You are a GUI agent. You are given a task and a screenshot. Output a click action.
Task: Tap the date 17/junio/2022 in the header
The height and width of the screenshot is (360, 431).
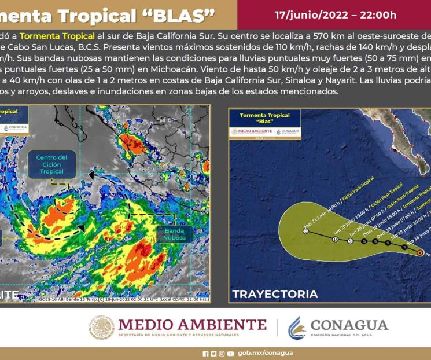coord(310,15)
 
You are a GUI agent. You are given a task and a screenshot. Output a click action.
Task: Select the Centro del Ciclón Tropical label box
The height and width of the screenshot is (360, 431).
coord(51,164)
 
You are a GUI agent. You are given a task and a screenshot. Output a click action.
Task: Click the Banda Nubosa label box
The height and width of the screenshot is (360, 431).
coord(174,233)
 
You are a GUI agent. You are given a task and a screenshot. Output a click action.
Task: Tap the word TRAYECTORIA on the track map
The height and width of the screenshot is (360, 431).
coord(275,294)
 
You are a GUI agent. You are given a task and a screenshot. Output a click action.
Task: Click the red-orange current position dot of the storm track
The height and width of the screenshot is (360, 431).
coord(419,252)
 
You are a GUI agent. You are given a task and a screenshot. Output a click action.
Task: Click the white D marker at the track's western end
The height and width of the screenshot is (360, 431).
coord(305,231)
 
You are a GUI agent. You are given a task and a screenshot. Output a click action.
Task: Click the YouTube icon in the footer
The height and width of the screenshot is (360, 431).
coord(231,353)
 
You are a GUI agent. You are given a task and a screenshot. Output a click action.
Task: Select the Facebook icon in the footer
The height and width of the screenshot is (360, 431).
coord(205,353)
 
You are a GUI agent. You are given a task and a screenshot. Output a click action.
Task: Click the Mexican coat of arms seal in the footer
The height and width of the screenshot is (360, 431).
coord(101,328)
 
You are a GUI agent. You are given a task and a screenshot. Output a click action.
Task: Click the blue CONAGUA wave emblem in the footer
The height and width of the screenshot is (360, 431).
coord(296,328)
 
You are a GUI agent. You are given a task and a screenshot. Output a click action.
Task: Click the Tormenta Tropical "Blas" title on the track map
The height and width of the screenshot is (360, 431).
coord(264,119)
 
